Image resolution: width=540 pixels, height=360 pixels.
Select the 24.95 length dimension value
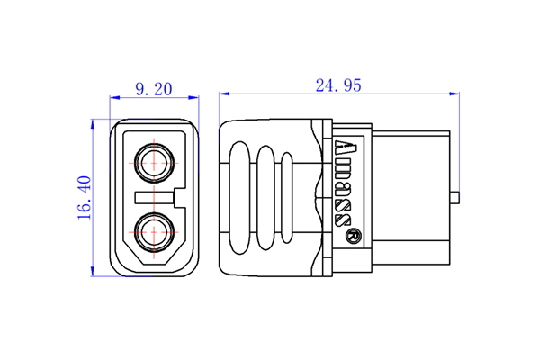tap(338, 85)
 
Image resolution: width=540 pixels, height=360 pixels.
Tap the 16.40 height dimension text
tap(84, 197)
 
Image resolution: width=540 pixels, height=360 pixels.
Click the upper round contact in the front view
tap(154, 164)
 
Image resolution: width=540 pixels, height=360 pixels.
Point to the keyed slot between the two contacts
tap(155, 196)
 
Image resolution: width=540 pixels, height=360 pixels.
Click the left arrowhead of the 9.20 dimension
tap(113, 96)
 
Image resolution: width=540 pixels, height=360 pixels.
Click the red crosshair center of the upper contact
tap(154, 164)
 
